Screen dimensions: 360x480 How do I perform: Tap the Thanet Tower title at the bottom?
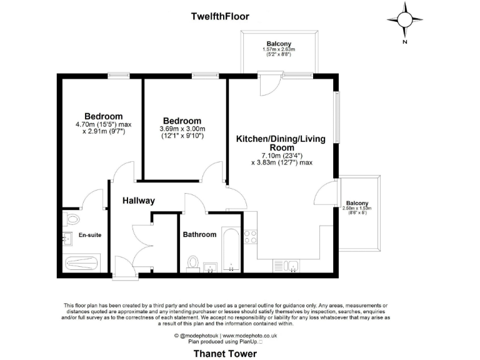[225, 353]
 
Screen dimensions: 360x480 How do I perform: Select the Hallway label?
[138, 201]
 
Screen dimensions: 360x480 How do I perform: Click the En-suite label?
[90, 235]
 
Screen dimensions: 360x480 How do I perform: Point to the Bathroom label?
[199, 235]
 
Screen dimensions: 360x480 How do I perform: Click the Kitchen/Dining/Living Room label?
[281, 143]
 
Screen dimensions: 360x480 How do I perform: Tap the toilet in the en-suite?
[71, 219]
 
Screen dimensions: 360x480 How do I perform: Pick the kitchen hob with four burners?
[250, 237]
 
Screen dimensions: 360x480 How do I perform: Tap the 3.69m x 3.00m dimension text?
[182, 129]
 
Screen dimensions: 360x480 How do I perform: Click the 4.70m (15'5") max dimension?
[104, 124]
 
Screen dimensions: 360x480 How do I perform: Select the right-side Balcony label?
[357, 203]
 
